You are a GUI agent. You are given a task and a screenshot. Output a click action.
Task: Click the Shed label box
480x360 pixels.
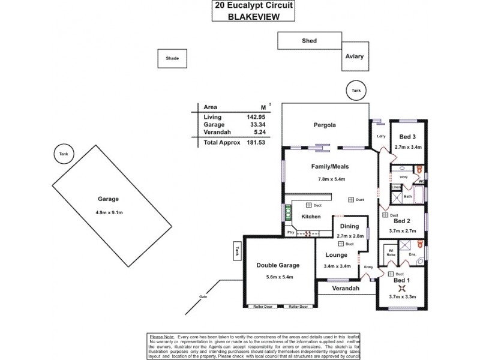[309, 41]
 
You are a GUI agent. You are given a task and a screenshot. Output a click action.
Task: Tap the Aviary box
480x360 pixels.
[354, 57]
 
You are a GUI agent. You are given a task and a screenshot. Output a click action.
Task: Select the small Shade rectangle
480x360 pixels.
[172, 58]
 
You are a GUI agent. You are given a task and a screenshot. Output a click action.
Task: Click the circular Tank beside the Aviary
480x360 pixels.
[356, 91]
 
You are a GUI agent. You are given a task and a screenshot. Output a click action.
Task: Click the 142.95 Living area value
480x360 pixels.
[253, 116]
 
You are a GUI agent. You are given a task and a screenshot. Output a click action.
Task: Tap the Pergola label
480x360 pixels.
[323, 126]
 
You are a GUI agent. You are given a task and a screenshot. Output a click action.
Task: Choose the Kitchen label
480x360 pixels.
[310, 217]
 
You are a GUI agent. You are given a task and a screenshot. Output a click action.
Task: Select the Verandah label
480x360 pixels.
[347, 289]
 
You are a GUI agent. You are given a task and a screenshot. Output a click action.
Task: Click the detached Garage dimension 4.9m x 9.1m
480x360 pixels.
[109, 212]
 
